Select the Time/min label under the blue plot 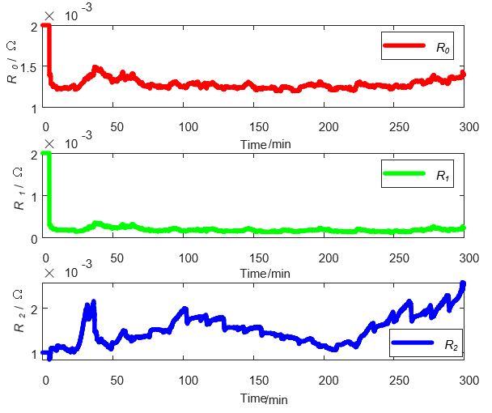coord(264,398)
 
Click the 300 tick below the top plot coord(465,128)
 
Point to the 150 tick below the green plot coord(259,258)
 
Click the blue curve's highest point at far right coord(463,284)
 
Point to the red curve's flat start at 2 coord(46,26)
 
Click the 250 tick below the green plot coord(397,258)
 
